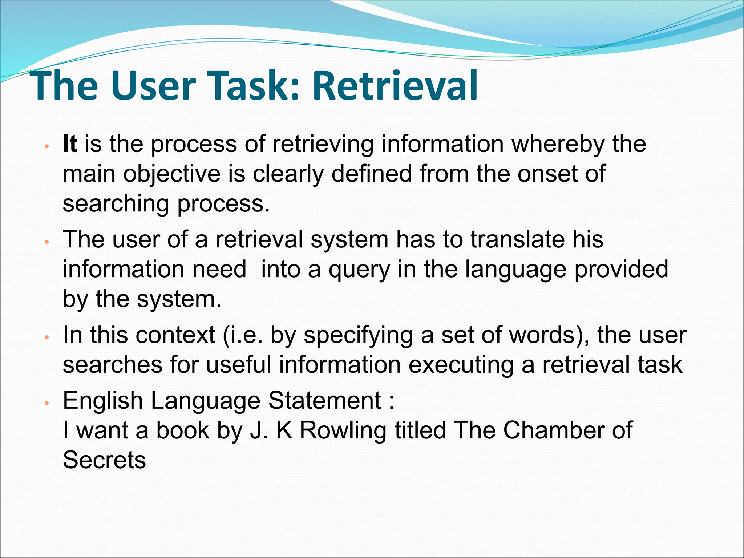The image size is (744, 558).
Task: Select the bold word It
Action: [x=70, y=144]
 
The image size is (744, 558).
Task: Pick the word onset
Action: [x=547, y=174]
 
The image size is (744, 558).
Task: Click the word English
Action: [x=103, y=401]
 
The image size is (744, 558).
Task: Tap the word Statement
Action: [x=324, y=401]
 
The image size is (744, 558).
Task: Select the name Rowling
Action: [x=343, y=431]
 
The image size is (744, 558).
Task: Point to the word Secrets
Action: [x=104, y=460]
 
